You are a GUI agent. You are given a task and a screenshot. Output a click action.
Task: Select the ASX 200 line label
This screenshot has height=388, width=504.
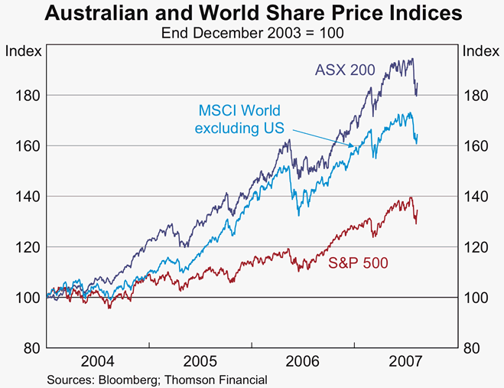[345, 70]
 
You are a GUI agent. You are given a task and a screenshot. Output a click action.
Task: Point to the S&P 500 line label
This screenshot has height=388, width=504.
[358, 263]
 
